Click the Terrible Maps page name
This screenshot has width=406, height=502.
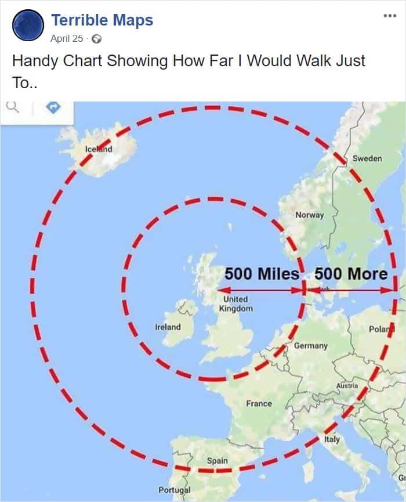click(x=102, y=20)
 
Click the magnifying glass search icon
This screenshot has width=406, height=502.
click(x=12, y=107)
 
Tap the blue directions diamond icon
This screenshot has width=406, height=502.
click(x=53, y=107)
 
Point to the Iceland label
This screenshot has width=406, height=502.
click(x=99, y=149)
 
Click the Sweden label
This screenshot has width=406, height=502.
click(x=367, y=158)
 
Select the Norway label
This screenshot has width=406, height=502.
click(x=309, y=215)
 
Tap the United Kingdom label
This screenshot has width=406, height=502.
click(x=235, y=304)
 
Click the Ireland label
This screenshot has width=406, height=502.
click(x=168, y=327)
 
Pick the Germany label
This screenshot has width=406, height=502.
click(x=310, y=345)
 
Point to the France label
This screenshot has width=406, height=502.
click(x=258, y=403)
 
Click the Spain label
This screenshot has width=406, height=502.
click(x=217, y=460)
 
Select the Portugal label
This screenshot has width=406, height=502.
click(x=174, y=490)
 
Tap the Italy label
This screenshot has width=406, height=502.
click(x=332, y=439)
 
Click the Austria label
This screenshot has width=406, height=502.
click(x=347, y=385)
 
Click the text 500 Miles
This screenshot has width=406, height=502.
click(x=262, y=273)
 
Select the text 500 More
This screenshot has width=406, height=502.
click(x=351, y=273)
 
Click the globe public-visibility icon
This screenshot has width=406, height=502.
click(x=97, y=39)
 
